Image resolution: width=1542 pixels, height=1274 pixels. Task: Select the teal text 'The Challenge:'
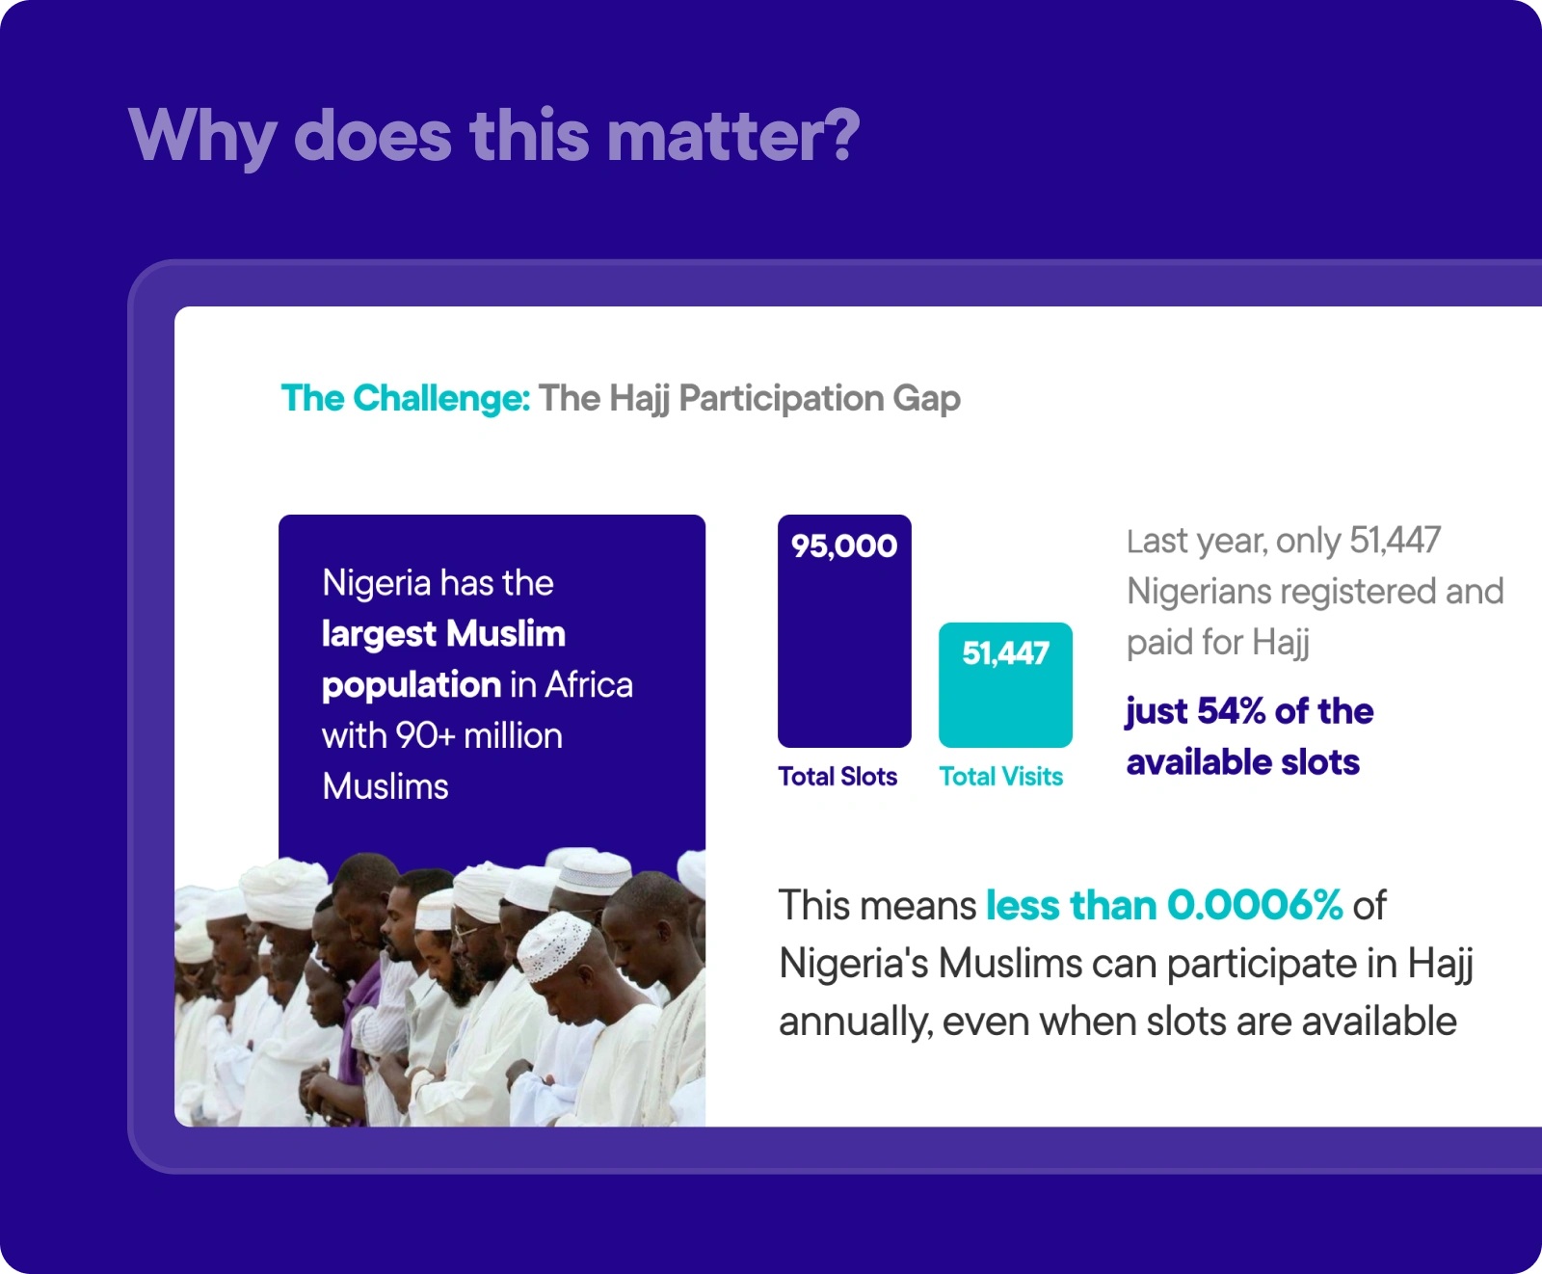(x=406, y=398)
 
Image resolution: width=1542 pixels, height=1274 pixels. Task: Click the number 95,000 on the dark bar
(x=844, y=546)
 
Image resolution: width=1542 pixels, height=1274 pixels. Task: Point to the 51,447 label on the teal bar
(x=1005, y=653)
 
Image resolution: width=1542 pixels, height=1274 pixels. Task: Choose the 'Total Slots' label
(x=837, y=777)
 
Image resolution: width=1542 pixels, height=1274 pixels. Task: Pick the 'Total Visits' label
(x=1001, y=777)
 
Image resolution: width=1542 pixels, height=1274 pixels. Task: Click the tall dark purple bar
(x=844, y=631)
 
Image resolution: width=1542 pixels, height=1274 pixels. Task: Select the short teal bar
(x=1005, y=685)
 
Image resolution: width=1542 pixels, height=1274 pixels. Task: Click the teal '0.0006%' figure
(x=1255, y=906)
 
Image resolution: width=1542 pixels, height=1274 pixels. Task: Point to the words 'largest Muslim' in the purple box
(x=443, y=634)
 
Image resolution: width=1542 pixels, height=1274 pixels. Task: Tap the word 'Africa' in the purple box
(x=589, y=685)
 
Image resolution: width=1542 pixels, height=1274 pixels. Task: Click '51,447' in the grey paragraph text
(x=1395, y=541)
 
